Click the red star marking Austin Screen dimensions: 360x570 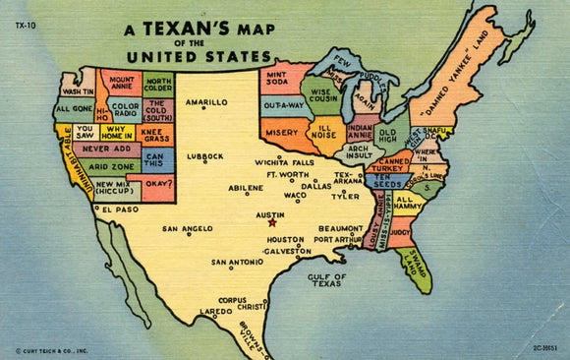272,222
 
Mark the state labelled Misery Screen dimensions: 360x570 280,133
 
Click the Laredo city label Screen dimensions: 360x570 215,312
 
